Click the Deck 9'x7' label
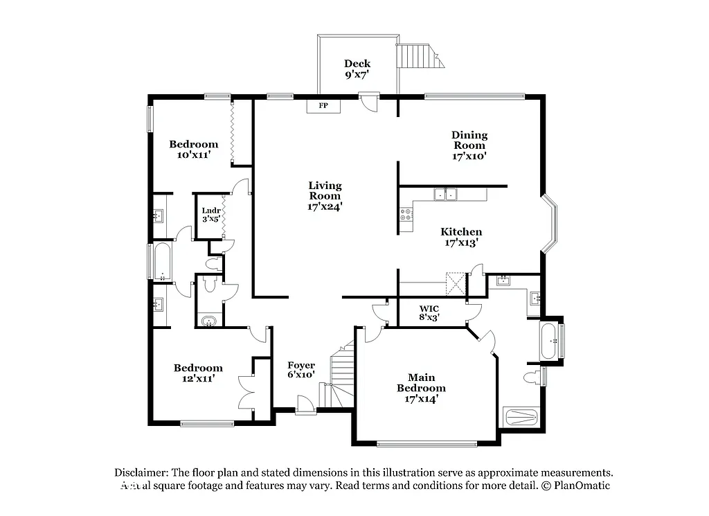pos(357,69)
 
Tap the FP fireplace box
pos(323,106)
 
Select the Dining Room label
pos(469,145)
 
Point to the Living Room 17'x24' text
pos(325,195)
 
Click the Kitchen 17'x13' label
pos(463,237)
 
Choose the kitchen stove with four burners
pos(406,215)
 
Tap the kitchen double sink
pos(445,195)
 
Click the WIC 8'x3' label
pos(429,312)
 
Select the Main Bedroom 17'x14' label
pos(421,388)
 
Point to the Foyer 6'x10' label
pos(301,370)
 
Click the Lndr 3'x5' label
pos(210,215)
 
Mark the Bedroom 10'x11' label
pos(194,150)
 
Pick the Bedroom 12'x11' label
pos(198,373)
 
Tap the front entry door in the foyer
pos(303,405)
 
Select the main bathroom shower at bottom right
pos(522,417)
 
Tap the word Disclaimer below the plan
pos(142,472)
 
